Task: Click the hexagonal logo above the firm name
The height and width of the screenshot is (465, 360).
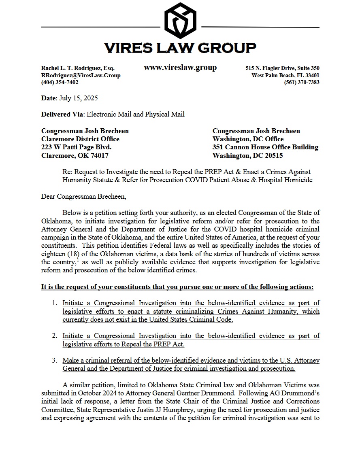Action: [x=180, y=20]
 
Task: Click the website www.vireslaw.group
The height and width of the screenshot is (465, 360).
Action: [x=180, y=68]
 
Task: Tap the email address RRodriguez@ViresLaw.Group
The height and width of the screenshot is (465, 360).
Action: [x=81, y=75]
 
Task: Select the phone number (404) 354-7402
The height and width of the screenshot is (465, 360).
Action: [x=60, y=82]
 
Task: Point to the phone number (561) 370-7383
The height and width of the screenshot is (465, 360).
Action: [x=302, y=82]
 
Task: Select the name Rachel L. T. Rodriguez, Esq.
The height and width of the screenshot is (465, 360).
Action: [x=78, y=68]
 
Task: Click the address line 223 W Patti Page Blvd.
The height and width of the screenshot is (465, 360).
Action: [x=76, y=147]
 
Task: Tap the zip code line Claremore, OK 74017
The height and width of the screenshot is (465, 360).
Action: [x=75, y=155]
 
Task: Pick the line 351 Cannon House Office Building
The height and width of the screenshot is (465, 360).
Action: [x=265, y=147]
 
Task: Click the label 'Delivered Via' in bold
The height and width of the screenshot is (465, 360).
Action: [x=62, y=115]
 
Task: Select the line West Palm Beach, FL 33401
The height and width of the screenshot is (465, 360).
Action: [x=285, y=75]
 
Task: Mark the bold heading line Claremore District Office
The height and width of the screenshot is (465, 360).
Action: [x=80, y=139]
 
